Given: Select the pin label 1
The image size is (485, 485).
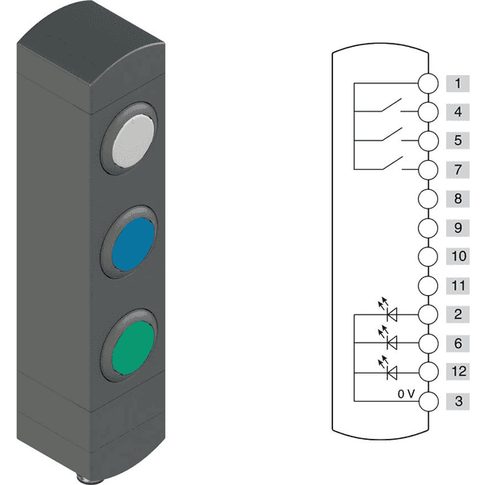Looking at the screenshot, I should click(458, 82).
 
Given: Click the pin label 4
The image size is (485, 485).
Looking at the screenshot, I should click(458, 112).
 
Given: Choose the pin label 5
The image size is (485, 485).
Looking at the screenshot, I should click(458, 141).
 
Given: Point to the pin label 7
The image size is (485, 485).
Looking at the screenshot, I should click(458, 170).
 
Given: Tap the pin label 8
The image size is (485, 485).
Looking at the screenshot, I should click(458, 199).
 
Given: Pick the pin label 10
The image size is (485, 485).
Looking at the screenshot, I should click(458, 257).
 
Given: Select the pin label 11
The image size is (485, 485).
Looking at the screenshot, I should click(458, 285).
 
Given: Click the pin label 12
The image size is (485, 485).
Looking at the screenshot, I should click(458, 372).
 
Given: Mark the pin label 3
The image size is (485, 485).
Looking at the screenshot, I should click(458, 401).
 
